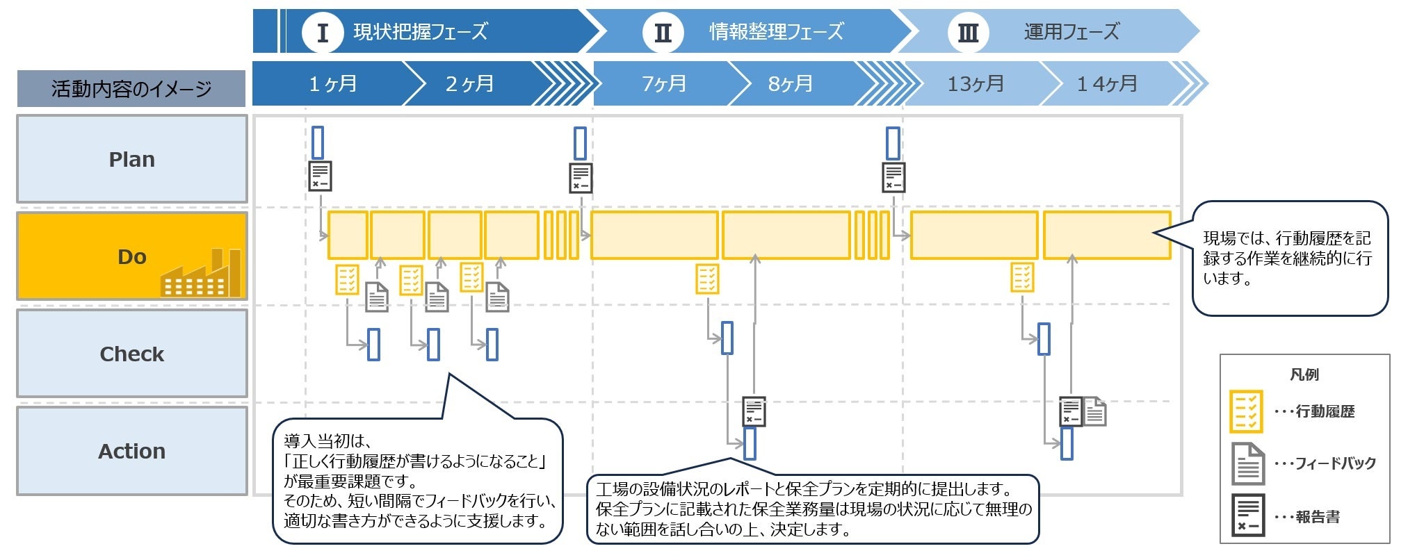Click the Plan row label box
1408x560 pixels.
(x=131, y=159)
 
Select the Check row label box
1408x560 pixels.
(x=131, y=354)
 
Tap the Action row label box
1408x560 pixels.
(x=131, y=451)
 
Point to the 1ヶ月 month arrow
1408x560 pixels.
(x=332, y=84)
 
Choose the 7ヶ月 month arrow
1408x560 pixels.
(x=663, y=84)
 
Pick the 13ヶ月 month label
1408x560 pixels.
(x=976, y=84)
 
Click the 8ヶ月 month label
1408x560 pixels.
(x=791, y=84)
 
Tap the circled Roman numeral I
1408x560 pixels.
(x=322, y=33)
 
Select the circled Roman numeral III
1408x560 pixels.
(x=968, y=33)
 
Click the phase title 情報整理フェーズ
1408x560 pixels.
(x=776, y=32)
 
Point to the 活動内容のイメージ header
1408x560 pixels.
(x=131, y=89)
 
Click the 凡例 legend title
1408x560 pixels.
(x=1304, y=374)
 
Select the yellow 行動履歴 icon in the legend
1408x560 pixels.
(x=1246, y=411)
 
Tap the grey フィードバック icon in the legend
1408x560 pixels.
(x=1247, y=463)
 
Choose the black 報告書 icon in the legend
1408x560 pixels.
(x=1247, y=516)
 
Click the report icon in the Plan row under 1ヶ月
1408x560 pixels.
(x=320, y=176)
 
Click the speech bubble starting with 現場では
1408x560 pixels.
(x=1290, y=258)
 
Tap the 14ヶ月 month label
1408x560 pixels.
(x=1107, y=84)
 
